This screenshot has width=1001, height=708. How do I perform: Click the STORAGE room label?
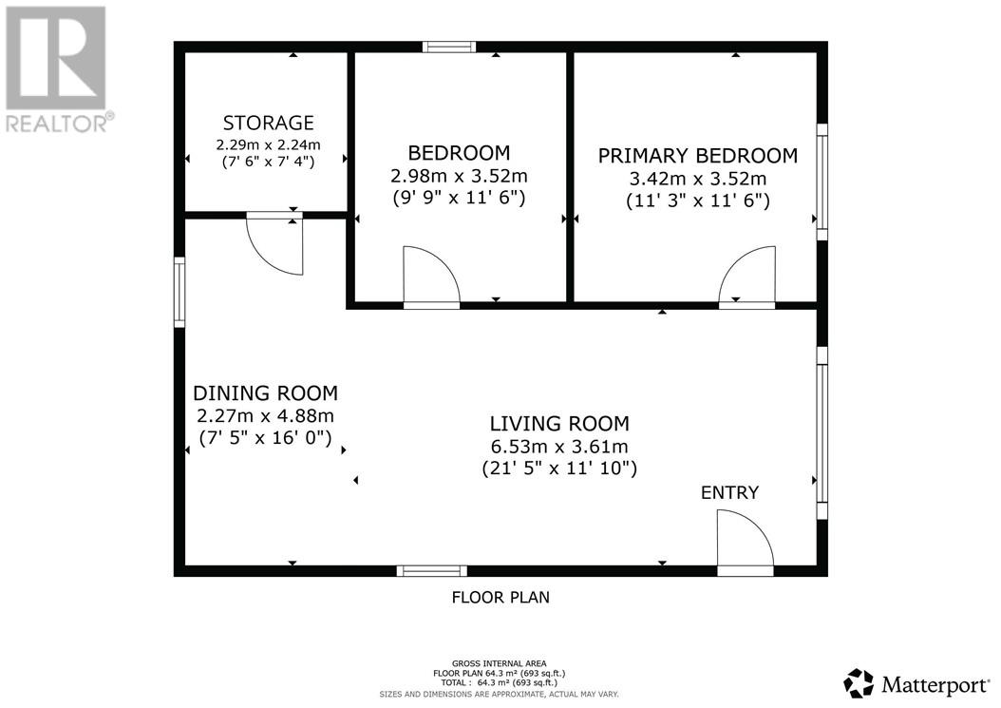(268, 123)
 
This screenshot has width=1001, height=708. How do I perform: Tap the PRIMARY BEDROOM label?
(697, 156)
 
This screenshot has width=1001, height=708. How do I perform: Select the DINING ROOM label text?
(265, 393)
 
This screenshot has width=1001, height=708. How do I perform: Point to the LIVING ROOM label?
(558, 424)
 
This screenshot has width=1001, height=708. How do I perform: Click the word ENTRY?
(729, 492)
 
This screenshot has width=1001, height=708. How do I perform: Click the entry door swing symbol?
(744, 542)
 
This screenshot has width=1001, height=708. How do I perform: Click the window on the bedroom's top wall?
(449, 47)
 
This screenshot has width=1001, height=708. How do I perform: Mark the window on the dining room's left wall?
(179, 292)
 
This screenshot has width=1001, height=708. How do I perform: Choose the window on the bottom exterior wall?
(431, 570)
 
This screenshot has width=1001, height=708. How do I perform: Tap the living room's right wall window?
(822, 432)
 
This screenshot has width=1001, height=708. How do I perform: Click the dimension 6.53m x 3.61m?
(558, 447)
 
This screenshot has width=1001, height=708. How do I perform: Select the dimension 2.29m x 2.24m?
(268, 144)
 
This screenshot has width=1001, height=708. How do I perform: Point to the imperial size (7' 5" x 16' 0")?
(265, 438)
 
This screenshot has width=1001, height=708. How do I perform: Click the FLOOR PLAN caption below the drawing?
(500, 598)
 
